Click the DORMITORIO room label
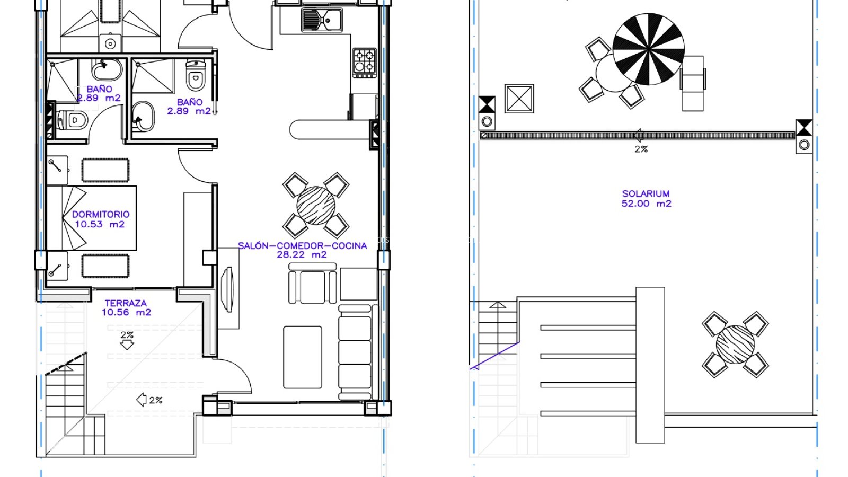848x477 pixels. click(x=101, y=214)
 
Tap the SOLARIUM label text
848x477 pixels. click(x=646, y=193)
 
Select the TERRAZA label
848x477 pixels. click(x=126, y=303)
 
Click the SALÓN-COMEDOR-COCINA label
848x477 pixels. click(x=303, y=246)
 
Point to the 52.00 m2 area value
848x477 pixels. click(x=646, y=204)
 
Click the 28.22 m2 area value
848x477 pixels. click(x=302, y=255)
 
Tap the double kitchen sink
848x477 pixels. click(x=322, y=20)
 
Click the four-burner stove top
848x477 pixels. click(x=364, y=63)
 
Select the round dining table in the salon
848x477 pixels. click(x=316, y=206)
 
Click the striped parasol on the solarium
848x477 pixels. click(x=649, y=49)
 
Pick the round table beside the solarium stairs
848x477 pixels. click(x=735, y=344)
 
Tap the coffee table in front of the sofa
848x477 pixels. click(x=303, y=357)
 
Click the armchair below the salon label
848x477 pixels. click(x=312, y=284)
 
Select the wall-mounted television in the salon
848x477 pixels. click(x=228, y=289)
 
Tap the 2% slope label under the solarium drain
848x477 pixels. click(x=641, y=149)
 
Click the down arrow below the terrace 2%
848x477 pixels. click(x=127, y=344)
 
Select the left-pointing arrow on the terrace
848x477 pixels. click(x=141, y=400)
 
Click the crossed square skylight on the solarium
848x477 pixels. click(x=519, y=99)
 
